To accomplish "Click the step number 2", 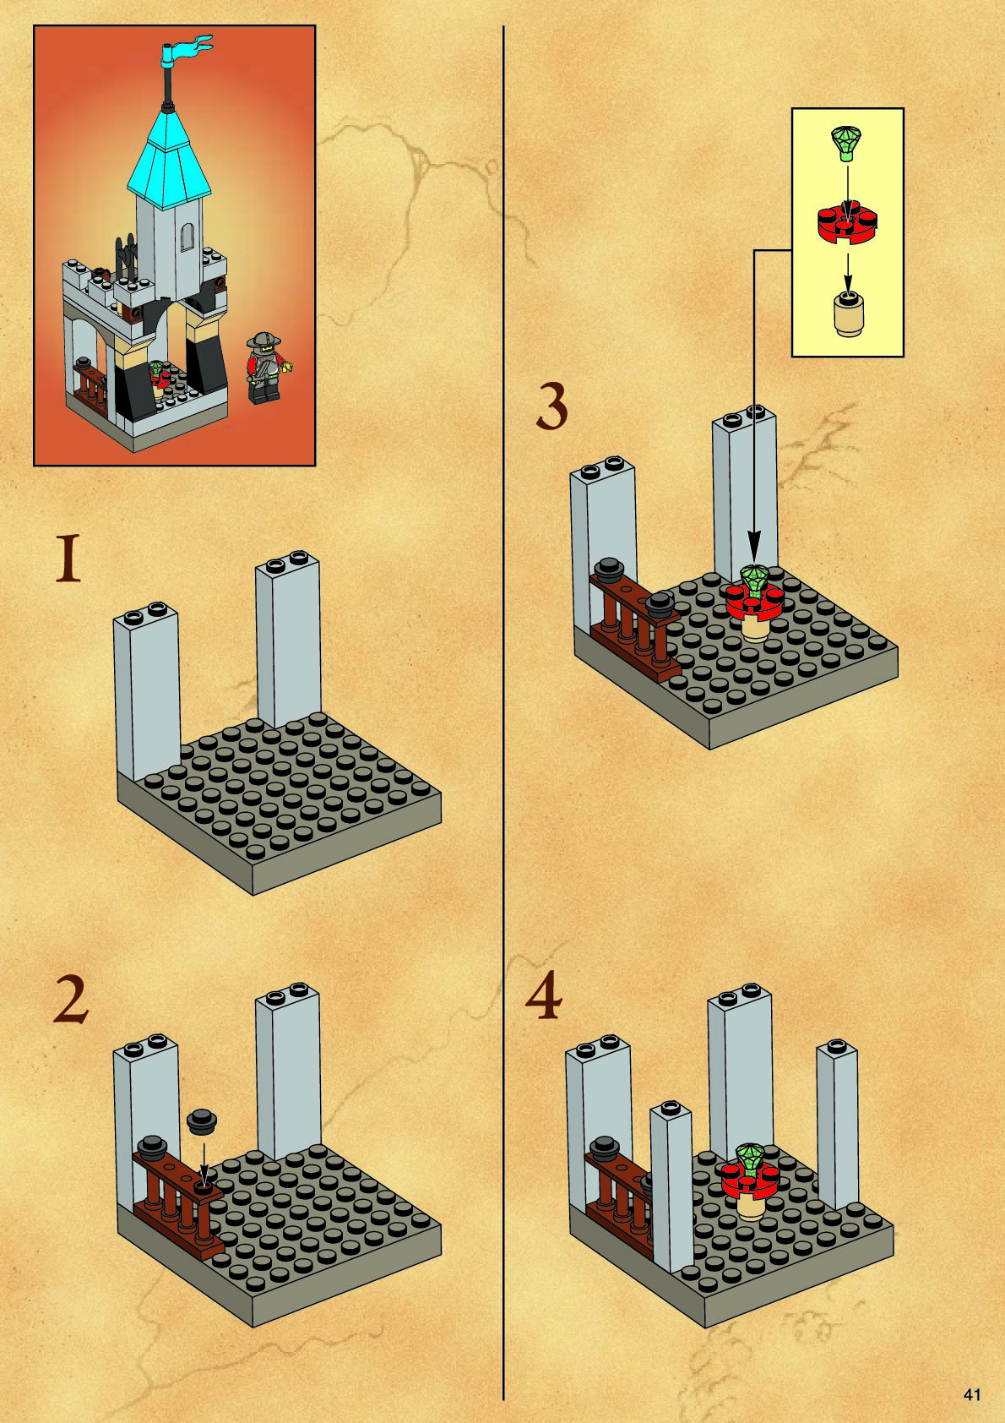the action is click(x=70, y=1000).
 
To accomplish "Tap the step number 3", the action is click(x=551, y=408).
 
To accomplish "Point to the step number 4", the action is click(x=543, y=995).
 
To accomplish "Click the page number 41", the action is click(x=971, y=1395).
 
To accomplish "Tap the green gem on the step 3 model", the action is click(x=753, y=579).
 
